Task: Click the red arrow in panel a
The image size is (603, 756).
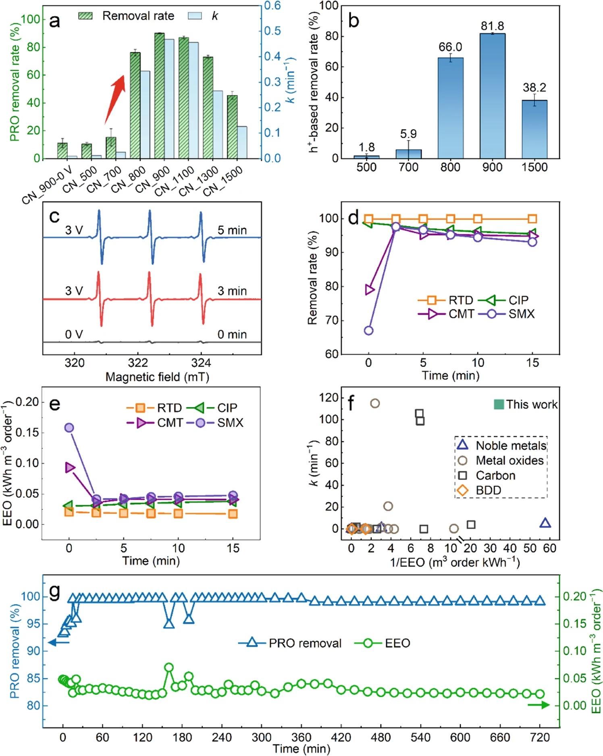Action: click(114, 99)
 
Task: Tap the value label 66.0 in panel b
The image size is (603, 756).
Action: click(450, 47)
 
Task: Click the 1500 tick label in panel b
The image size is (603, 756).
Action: click(534, 167)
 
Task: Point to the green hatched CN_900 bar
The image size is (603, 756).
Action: click(159, 95)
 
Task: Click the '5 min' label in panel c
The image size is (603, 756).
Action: click(232, 230)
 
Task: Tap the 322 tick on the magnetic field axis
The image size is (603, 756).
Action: click(138, 363)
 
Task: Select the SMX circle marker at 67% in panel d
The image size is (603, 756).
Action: click(368, 331)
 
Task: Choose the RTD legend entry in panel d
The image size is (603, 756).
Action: click(445, 300)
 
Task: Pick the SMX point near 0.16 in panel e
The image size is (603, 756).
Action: click(69, 428)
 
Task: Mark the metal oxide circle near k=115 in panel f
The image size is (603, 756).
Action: click(375, 403)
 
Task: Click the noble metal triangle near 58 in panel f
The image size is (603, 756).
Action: click(545, 523)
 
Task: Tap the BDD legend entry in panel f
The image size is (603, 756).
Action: click(480, 490)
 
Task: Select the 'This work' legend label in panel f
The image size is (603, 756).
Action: click(531, 405)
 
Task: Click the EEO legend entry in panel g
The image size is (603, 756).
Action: click(383, 643)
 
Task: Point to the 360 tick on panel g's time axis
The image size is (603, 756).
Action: click(301, 737)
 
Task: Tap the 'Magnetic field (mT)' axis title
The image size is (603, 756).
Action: click(157, 377)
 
